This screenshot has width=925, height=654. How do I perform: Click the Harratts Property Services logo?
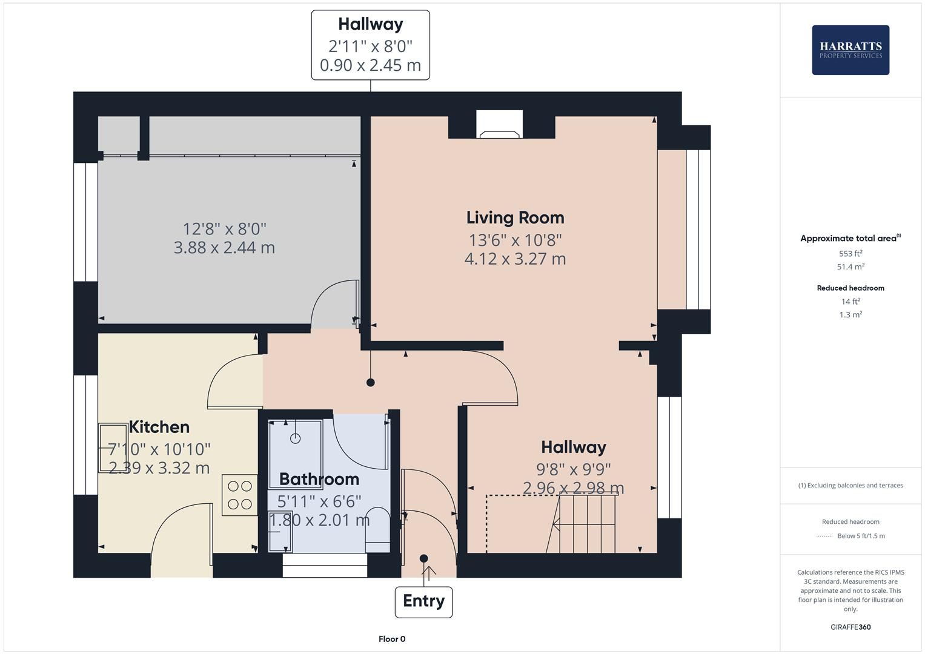pyautogui.click(x=850, y=50)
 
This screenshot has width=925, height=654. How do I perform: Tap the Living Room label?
pyautogui.click(x=515, y=218)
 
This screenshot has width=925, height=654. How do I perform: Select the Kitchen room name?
pyautogui.click(x=159, y=427)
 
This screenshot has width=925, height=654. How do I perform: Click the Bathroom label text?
pyautogui.click(x=319, y=479)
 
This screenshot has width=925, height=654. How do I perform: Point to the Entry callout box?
pyautogui.click(x=423, y=601)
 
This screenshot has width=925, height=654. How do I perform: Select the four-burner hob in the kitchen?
pyautogui.click(x=239, y=495)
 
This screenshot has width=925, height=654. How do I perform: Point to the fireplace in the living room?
pyautogui.click(x=500, y=125)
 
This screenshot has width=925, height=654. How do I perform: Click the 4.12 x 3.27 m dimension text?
pyautogui.click(x=515, y=259)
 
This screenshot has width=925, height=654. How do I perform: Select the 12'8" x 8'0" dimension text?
pyautogui.click(x=224, y=229)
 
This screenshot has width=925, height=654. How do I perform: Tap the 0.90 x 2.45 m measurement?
pyautogui.click(x=370, y=65)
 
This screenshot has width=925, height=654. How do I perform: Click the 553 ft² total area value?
pyautogui.click(x=850, y=254)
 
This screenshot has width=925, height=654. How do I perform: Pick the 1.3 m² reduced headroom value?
pyautogui.click(x=850, y=315)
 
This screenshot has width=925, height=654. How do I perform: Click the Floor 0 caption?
pyautogui.click(x=392, y=639)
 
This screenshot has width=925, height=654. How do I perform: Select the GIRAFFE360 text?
pyautogui.click(x=850, y=627)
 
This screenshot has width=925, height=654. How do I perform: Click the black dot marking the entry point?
pyautogui.click(x=423, y=558)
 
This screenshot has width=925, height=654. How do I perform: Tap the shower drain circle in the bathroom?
pyautogui.click(x=296, y=438)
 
